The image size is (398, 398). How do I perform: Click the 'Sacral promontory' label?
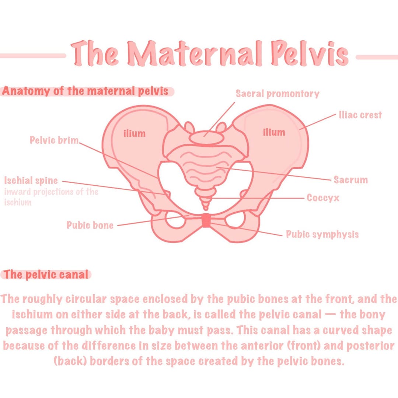[x=277, y=94]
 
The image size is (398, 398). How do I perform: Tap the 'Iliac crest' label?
[x=360, y=115]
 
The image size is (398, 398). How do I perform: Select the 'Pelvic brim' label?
[x=54, y=140]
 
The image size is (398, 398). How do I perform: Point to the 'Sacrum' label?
[x=350, y=180]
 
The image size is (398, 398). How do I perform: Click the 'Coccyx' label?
[x=323, y=198]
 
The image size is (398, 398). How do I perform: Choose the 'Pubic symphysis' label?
[x=322, y=234]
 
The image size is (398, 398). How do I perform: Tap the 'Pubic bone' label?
[x=90, y=225]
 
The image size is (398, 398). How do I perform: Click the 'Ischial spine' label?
[x=31, y=181]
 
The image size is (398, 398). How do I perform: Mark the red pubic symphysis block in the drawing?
[x=206, y=220]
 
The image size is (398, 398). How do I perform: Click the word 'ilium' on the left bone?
[x=134, y=133]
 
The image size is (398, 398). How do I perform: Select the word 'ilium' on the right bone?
[x=274, y=132]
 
